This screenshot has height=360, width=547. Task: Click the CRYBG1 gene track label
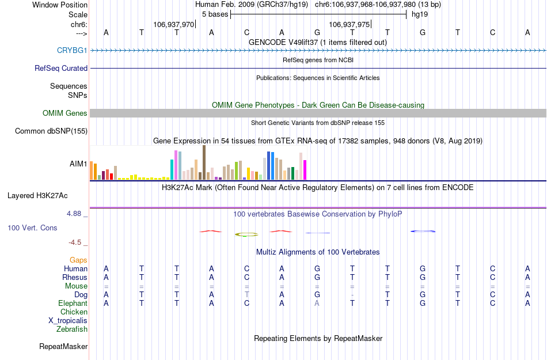[72, 50]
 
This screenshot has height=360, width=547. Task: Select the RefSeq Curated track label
[61, 68]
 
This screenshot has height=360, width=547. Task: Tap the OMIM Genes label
[65, 113]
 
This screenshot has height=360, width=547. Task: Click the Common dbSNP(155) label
[51, 131]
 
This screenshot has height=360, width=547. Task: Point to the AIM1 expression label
[78, 164]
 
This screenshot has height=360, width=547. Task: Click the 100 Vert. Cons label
[32, 228]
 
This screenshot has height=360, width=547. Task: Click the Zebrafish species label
[72, 329]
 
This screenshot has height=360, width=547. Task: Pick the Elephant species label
[73, 304]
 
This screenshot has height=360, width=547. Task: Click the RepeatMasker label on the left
[63, 347]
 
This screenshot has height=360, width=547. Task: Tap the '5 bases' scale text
[215, 14]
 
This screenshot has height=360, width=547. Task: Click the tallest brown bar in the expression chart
[204, 162]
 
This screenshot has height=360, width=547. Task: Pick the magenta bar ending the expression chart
[305, 170]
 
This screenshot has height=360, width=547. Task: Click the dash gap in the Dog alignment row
[352, 295]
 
